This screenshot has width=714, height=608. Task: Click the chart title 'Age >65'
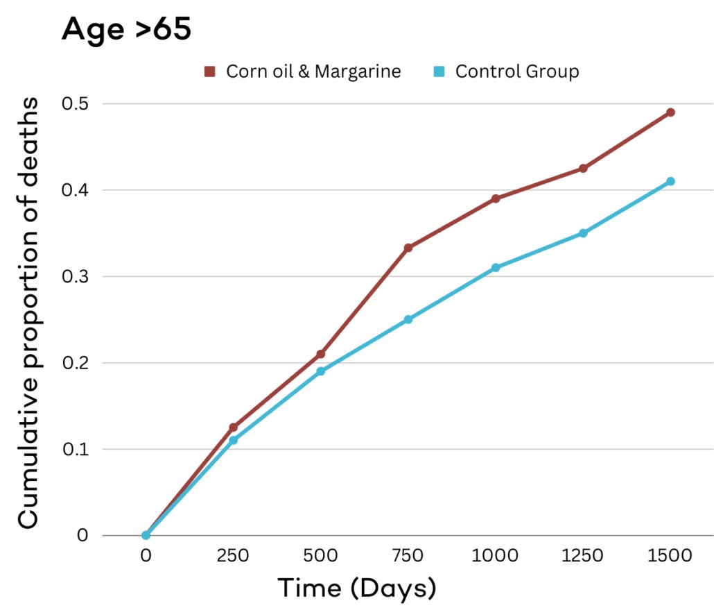pyautogui.click(x=126, y=29)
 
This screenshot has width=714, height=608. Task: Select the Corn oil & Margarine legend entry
pyautogui.click(x=303, y=71)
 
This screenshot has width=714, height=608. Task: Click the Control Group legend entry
pyautogui.click(x=508, y=71)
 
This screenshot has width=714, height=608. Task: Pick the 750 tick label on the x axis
pyautogui.click(x=408, y=556)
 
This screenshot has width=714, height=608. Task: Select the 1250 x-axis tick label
pyautogui.click(x=583, y=556)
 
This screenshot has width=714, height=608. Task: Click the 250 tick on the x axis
pyautogui.click(x=234, y=556)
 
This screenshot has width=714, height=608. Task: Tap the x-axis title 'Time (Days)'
pyautogui.click(x=357, y=589)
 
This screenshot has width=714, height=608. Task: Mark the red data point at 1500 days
pyautogui.click(x=670, y=112)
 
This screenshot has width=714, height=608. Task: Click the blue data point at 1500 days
pyautogui.click(x=670, y=181)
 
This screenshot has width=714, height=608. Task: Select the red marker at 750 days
pyautogui.click(x=408, y=248)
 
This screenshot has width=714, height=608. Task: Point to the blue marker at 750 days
pyautogui.click(x=408, y=319)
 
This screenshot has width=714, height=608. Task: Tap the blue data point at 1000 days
pyautogui.click(x=496, y=267)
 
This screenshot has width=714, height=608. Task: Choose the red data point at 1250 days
pyautogui.click(x=583, y=168)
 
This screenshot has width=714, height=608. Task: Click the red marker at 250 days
pyautogui.click(x=234, y=427)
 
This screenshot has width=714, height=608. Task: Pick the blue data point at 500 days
pyautogui.click(x=321, y=371)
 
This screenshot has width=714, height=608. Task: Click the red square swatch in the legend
pyautogui.click(x=210, y=71)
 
